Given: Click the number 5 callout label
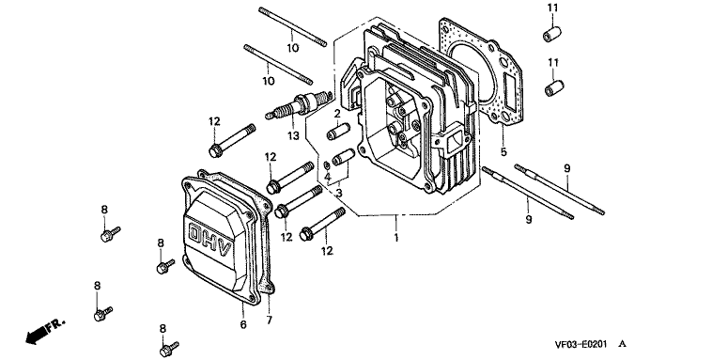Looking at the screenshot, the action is [x=503, y=152].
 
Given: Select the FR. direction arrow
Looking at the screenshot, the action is [x=45, y=331].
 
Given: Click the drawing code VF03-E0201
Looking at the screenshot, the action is [x=580, y=345].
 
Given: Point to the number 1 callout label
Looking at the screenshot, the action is [x=396, y=237].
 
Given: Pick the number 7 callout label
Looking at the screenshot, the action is [x=270, y=321].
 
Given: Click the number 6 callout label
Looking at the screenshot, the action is [x=243, y=324].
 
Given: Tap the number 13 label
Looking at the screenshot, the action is [x=293, y=135].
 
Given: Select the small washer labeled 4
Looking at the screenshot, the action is [x=327, y=164].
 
